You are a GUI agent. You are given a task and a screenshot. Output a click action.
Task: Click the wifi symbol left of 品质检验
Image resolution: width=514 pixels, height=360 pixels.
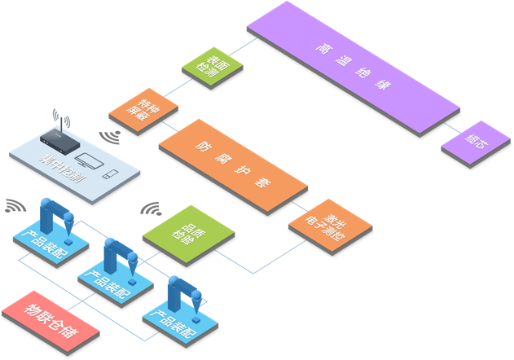pyautogui.click(x=150, y=209)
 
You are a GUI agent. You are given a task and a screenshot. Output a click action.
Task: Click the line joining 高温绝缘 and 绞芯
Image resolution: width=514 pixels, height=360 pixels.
pyautogui.click(x=450, y=129)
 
